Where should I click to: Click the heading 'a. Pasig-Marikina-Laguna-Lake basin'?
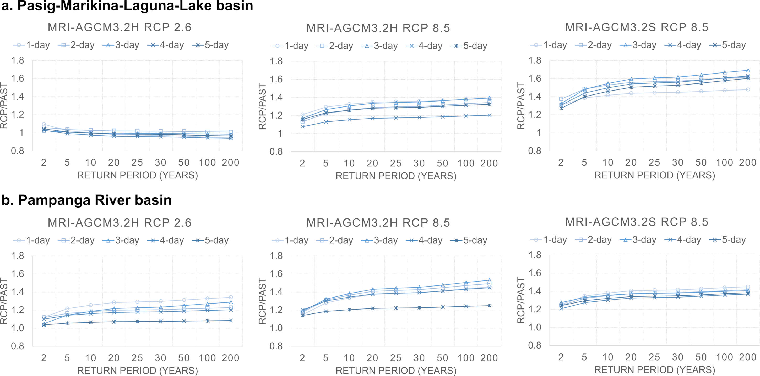(127, 6)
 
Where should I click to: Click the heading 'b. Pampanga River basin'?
(86, 200)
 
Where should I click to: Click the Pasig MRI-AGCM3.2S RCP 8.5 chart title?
(636, 27)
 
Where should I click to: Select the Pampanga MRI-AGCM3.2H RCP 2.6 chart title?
(120, 222)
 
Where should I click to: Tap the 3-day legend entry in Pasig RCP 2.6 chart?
(121, 45)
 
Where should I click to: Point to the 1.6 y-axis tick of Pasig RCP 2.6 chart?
(18, 78)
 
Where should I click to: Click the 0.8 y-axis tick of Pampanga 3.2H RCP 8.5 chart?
(276, 346)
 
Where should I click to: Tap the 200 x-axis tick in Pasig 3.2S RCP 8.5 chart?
(748, 162)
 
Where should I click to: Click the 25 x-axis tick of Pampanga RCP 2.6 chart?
(137, 358)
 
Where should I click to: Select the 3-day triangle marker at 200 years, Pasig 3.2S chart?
(748, 70)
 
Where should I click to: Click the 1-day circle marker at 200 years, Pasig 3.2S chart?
(748, 89)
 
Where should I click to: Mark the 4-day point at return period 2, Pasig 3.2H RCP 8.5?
(302, 127)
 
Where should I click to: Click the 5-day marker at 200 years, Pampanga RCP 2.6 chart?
(231, 320)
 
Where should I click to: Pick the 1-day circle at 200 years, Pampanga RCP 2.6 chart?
(231, 297)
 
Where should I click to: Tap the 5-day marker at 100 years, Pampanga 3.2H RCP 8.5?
(466, 306)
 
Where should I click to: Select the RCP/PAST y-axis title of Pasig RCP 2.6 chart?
(4, 105)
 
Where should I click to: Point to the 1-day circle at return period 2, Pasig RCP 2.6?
(44, 124)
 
